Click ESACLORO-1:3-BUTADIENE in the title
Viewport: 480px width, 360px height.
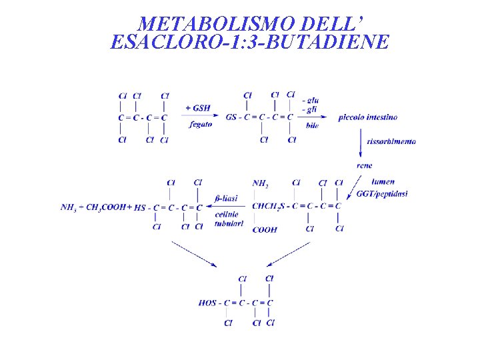tap(249, 43)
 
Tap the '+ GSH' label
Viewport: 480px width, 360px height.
tap(198, 107)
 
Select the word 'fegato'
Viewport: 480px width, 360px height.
tap(201, 123)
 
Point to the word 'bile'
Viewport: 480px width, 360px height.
tap(312, 125)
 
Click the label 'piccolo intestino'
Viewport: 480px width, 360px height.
tap(367, 117)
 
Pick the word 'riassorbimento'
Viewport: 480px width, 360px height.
tap(391, 141)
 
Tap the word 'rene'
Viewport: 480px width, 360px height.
tap(365, 165)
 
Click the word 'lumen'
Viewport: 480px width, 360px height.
tap(383, 181)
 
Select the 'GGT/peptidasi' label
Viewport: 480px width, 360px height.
tap(382, 194)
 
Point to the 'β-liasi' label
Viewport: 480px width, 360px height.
tap(226, 198)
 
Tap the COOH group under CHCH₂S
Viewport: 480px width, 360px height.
tap(265, 230)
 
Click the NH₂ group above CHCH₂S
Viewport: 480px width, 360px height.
tap(261, 183)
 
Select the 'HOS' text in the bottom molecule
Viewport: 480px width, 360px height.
tap(207, 303)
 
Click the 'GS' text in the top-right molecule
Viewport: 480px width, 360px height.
tap(231, 117)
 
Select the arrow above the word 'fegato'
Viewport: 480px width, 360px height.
tap(198, 116)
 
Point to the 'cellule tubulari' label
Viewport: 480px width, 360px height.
tap(227, 219)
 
